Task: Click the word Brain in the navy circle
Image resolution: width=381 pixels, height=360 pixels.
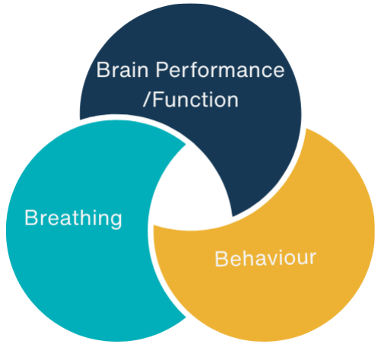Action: (122, 69)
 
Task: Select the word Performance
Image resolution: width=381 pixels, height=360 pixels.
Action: (220, 69)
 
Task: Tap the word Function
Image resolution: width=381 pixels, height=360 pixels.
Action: (195, 100)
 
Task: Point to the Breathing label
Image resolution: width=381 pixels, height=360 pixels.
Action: (73, 219)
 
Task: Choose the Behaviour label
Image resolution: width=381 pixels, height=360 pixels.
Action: (265, 259)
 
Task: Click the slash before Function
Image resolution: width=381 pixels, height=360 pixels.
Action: (147, 100)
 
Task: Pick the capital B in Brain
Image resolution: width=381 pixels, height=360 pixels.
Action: (103, 69)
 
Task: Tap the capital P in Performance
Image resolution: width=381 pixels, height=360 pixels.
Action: (162, 69)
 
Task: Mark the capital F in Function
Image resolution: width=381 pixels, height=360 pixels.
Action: (158, 100)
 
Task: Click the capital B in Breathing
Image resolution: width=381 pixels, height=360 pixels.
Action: (31, 218)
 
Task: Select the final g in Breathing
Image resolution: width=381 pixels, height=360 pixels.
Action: (116, 221)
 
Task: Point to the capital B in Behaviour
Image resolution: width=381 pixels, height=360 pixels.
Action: (221, 259)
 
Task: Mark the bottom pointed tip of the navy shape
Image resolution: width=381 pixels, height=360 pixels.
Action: (233, 216)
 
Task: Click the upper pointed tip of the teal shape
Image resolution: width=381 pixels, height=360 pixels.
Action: (186, 145)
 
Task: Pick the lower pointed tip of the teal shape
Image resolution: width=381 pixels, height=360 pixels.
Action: (186, 317)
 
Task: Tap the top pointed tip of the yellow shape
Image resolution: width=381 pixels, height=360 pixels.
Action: (306, 129)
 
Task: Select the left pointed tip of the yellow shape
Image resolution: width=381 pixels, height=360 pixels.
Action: (154, 225)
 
